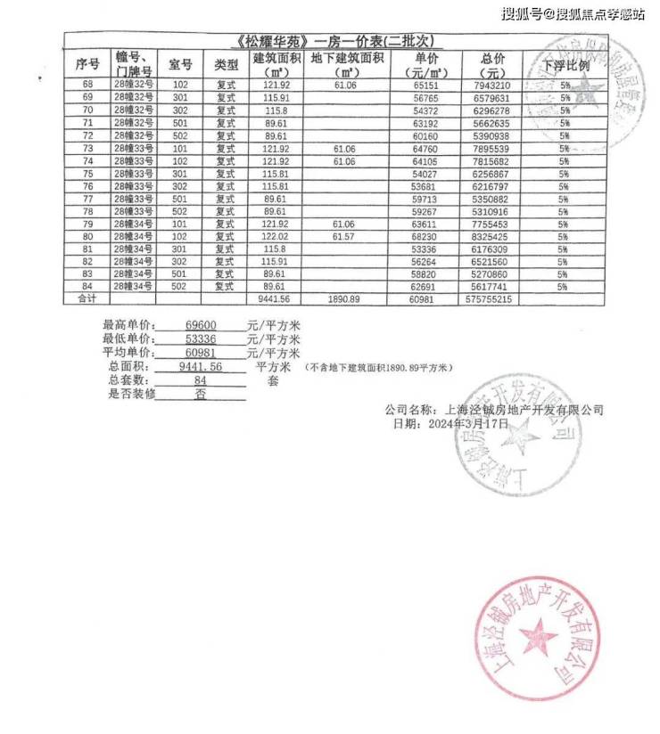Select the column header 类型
click(x=227, y=64)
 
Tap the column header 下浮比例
click(x=565, y=65)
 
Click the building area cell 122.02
click(x=274, y=238)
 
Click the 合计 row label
click(x=87, y=300)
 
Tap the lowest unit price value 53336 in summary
click(x=198, y=339)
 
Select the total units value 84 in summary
click(x=200, y=380)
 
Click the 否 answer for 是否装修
click(x=200, y=394)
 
